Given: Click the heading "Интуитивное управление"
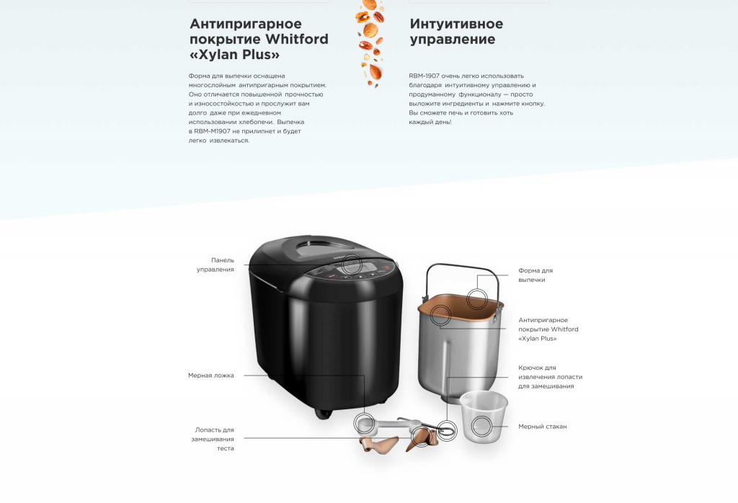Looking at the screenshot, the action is pyautogui.click(x=456, y=31).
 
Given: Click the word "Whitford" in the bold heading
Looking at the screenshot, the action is pyautogui.click(x=296, y=39).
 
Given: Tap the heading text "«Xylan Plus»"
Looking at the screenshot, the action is pyautogui.click(x=234, y=55).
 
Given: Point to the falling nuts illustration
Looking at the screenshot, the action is pyautogui.click(x=370, y=43).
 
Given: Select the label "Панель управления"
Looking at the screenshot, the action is pyautogui.click(x=215, y=264).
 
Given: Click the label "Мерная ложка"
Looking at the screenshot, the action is pyautogui.click(x=211, y=375).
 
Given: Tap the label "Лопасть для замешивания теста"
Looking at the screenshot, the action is pyautogui.click(x=213, y=439).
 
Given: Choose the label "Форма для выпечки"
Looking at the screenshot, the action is pyautogui.click(x=535, y=275).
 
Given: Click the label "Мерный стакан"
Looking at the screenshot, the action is pyautogui.click(x=542, y=427).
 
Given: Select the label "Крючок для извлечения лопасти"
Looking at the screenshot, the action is pyautogui.click(x=550, y=377).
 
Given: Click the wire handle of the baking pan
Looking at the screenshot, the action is pyautogui.click(x=462, y=266).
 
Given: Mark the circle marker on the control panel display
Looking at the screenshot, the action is pyautogui.click(x=352, y=265).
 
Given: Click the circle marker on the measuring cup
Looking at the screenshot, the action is pyautogui.click(x=481, y=427).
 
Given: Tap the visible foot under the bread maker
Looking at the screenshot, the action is pyautogui.click(x=324, y=414).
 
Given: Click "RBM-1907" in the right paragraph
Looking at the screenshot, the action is pyautogui.click(x=424, y=76).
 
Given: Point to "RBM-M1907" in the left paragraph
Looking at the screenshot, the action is pyautogui.click(x=213, y=131).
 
